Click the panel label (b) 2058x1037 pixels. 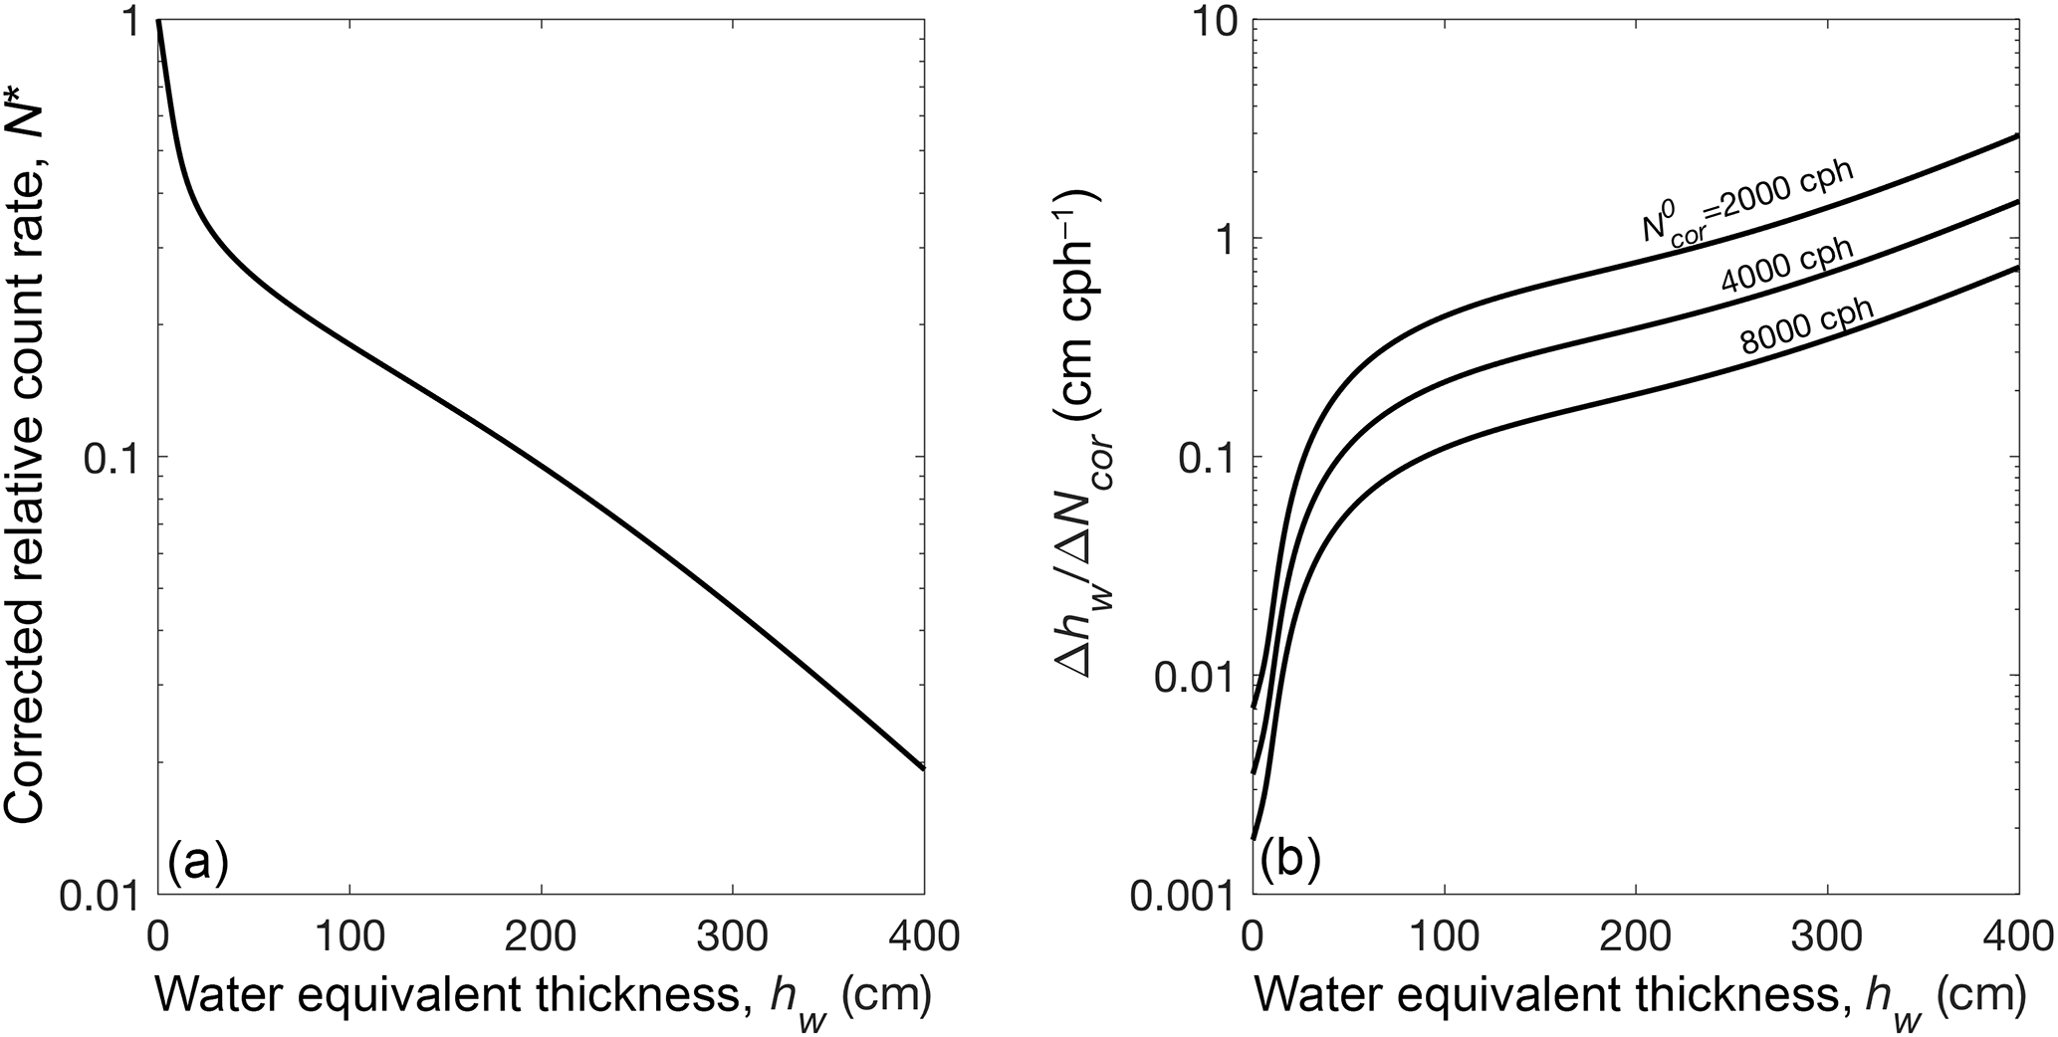tap(1291, 859)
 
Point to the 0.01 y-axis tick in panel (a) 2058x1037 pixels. tap(104, 894)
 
